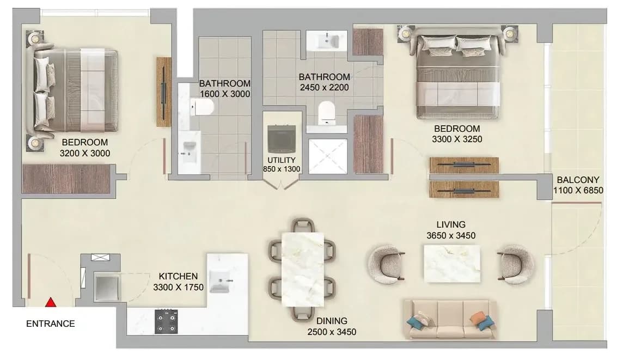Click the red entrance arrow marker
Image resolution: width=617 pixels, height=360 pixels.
tap(50, 302)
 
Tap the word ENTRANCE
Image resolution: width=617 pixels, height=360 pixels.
tap(50, 324)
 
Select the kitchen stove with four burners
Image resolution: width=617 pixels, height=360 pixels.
tap(166, 321)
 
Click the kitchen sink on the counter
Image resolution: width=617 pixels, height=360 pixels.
tap(220, 281)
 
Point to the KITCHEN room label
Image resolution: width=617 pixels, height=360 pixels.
tap(178, 276)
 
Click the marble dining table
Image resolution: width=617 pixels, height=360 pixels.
tap(303, 270)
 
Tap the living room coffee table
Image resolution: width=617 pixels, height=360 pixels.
tap(452, 264)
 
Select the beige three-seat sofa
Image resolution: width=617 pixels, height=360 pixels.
tap(450, 320)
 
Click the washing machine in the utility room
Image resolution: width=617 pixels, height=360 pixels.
tap(282, 138)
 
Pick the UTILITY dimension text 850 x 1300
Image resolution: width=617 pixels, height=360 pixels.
tap(282, 169)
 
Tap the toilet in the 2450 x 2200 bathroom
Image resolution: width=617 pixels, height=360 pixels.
tap(326, 113)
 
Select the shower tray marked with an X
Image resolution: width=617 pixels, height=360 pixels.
tap(328, 156)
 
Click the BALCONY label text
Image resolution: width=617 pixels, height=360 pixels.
tap(578, 180)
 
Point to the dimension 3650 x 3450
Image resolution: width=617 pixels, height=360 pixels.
tap(451, 236)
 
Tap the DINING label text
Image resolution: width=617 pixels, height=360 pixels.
tap(332, 321)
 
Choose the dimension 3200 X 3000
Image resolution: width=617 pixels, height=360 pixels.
tap(85, 154)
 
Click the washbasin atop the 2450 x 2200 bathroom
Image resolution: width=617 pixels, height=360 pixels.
tap(327, 40)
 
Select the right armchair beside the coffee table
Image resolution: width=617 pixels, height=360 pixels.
tap(515, 264)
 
